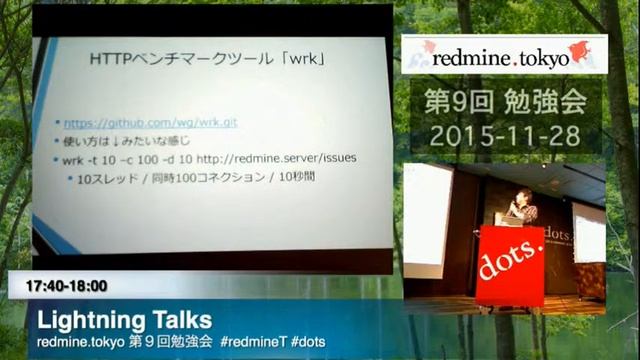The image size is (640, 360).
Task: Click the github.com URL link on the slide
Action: tap(140, 124)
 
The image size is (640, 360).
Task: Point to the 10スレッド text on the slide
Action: tap(107, 178)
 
